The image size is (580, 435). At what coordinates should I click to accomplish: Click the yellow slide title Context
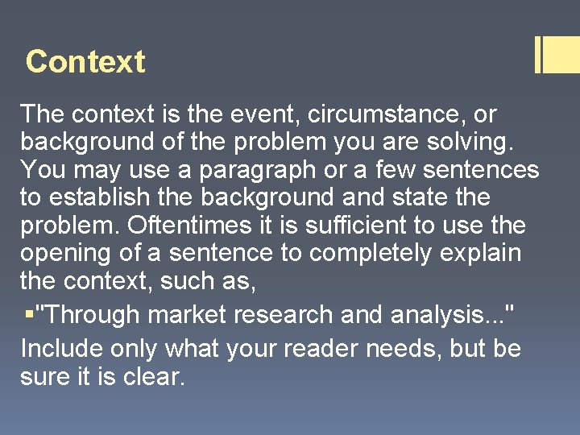click(85, 62)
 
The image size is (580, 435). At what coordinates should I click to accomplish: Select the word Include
click(57, 349)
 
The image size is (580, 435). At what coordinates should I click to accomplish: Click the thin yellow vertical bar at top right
click(537, 55)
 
